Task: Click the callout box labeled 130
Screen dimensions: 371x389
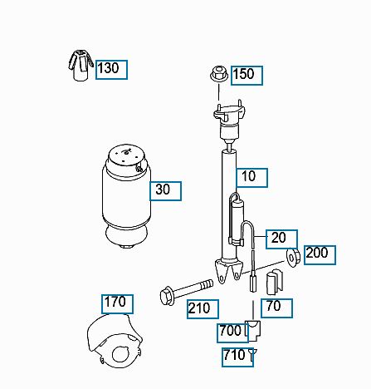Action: (111, 70)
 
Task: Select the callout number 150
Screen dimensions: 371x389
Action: (247, 76)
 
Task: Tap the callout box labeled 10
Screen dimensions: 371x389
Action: (251, 178)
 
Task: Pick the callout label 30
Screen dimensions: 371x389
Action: (165, 191)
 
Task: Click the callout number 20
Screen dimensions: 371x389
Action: (281, 239)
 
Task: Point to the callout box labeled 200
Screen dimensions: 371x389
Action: (320, 255)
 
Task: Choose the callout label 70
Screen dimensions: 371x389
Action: (276, 308)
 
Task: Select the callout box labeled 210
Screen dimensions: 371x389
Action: (203, 309)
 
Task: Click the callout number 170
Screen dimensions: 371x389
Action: (117, 304)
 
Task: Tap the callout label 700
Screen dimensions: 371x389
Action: (232, 333)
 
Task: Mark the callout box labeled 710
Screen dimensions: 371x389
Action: (237, 357)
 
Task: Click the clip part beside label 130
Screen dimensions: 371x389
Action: (81, 66)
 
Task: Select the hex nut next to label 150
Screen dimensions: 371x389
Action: (218, 74)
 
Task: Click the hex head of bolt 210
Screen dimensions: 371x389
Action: (167, 297)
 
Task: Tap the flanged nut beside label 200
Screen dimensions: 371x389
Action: (293, 257)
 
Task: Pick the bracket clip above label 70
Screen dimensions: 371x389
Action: (275, 282)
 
